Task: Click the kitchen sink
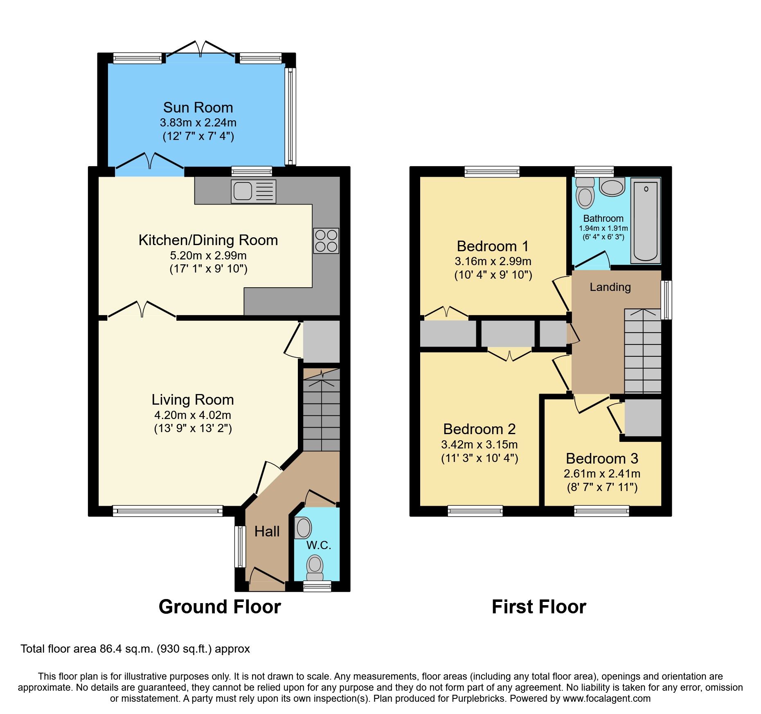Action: click(253, 191)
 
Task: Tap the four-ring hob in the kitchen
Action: click(326, 241)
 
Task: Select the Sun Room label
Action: click(198, 108)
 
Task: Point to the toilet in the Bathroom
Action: click(585, 193)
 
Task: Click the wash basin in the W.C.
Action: click(303, 528)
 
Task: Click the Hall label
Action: click(267, 532)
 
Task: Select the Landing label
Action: click(610, 287)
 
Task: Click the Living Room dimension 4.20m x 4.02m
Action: click(193, 415)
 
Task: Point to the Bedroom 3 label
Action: click(602, 458)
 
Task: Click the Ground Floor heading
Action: click(220, 606)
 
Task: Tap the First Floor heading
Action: click(539, 606)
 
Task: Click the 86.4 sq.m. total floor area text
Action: click(135, 649)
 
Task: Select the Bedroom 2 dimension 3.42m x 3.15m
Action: click(480, 444)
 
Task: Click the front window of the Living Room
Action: click(167, 510)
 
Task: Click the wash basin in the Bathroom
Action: click(612, 187)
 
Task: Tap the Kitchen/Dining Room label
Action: click(208, 240)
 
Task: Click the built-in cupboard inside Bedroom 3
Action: click(642, 417)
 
